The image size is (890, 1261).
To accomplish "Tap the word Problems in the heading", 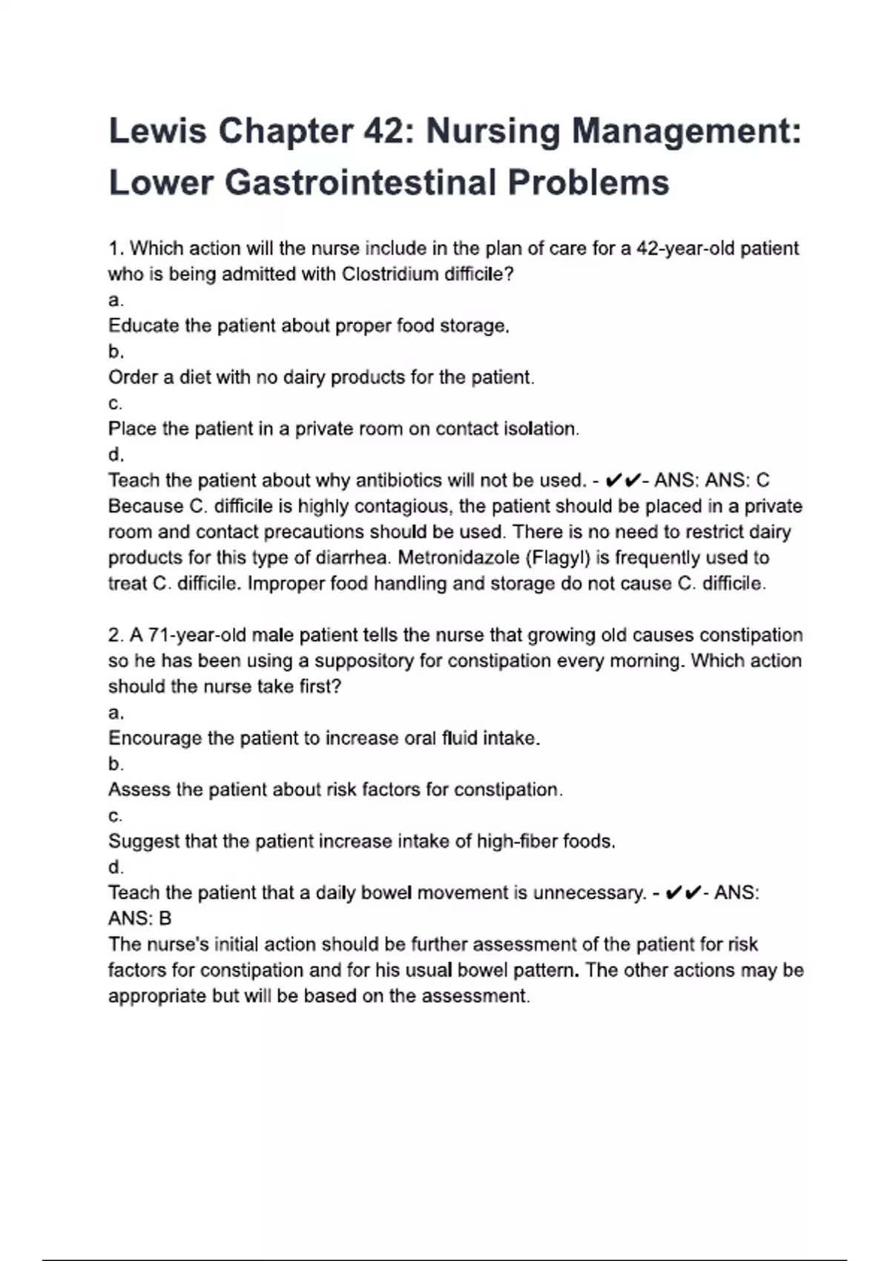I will point(588,182).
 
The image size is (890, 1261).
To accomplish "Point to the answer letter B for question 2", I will point(165,919).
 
